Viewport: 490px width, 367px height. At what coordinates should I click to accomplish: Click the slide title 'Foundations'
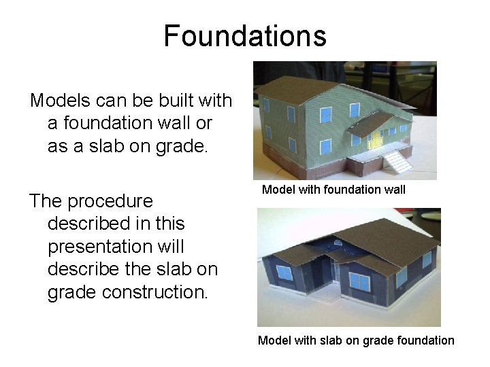245,35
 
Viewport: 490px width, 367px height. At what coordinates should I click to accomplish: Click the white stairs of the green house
397,162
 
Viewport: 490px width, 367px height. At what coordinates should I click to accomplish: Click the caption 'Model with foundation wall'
333,190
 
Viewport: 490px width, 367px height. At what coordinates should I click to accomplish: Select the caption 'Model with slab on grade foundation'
355,340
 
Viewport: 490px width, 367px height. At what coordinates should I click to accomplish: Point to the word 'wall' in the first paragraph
191,123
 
